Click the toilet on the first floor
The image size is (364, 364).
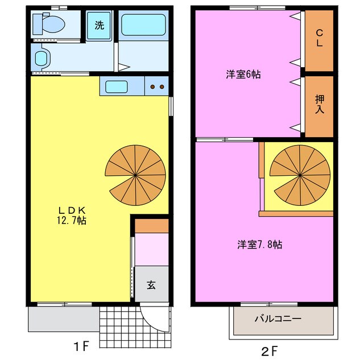click(48, 24)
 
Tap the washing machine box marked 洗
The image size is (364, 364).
click(100, 25)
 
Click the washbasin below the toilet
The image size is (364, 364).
click(42, 57)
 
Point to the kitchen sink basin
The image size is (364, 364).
click(117, 86)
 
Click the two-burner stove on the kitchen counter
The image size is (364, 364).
click(157, 86)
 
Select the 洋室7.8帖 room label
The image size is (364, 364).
click(260, 245)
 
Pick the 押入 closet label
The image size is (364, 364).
click(320, 105)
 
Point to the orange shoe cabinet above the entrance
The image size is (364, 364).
click(152, 225)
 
